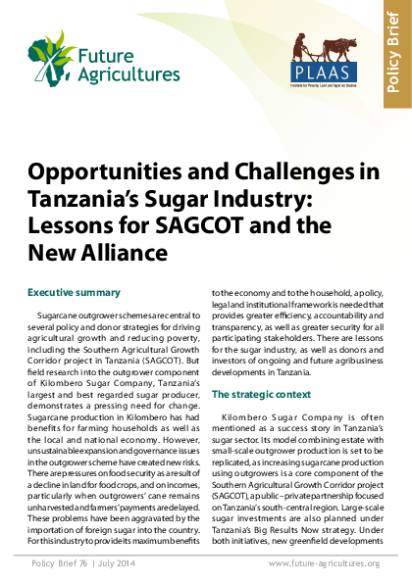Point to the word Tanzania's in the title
click(87, 200)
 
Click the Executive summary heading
click(74, 293)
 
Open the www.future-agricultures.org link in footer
click(324, 563)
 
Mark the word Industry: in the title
click(259, 200)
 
